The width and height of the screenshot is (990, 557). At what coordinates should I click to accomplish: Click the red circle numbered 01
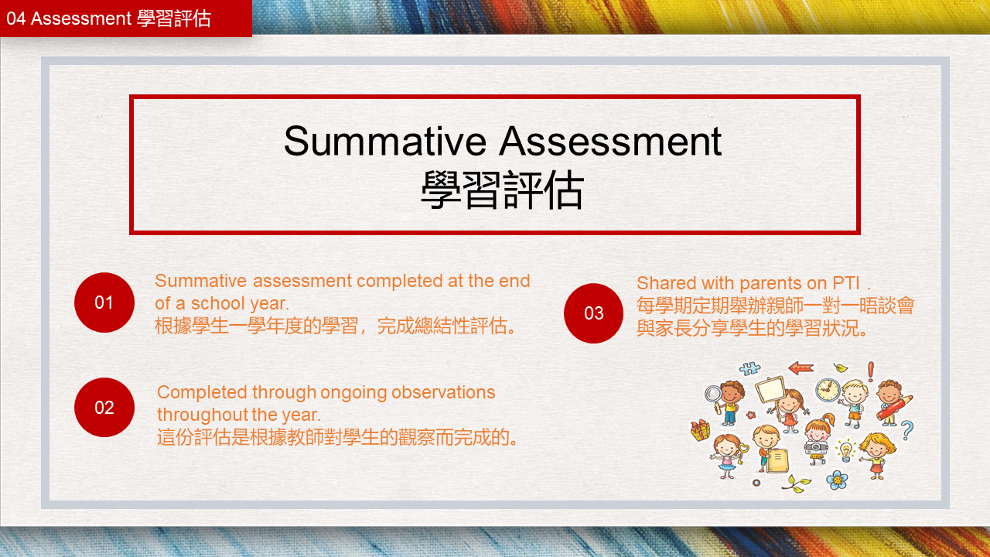coord(104,302)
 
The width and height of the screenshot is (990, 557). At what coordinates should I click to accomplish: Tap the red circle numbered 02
coord(104,407)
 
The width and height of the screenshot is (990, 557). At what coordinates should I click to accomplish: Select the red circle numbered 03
coord(593,313)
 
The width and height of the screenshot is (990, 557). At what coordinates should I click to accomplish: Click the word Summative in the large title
coord(385,142)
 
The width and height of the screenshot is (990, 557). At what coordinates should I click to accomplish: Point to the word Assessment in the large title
coord(611,142)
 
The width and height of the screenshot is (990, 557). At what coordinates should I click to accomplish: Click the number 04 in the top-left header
coord(16,19)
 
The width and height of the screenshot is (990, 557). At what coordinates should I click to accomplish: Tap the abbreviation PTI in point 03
coord(846,283)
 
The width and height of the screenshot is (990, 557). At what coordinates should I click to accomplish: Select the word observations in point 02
coord(443,392)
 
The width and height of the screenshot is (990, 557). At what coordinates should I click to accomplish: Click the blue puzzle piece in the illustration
coord(749,368)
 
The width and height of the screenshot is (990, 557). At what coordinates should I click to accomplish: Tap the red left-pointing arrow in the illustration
coord(801,367)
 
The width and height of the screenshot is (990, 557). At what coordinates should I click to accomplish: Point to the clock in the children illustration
coord(828,389)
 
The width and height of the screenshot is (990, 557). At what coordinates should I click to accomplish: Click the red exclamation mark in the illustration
coord(871,372)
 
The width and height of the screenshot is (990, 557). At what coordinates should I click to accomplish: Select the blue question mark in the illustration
coord(907,430)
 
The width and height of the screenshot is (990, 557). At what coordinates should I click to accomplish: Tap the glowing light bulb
coord(845,451)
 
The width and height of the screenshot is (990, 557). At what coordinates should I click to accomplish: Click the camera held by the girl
coord(816,447)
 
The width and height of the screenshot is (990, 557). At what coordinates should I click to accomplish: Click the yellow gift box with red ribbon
coord(701,430)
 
